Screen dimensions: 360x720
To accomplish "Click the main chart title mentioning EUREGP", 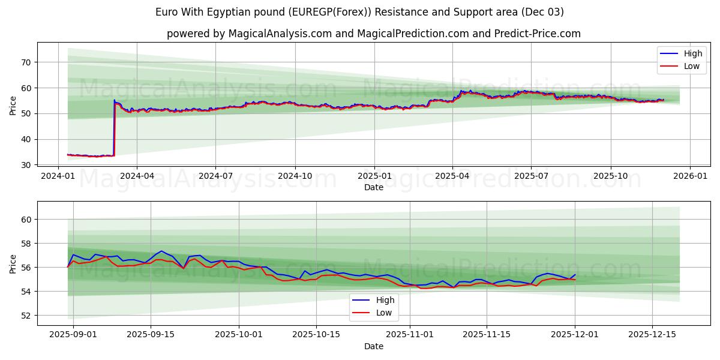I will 359,12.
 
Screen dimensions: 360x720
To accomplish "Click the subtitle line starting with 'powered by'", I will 373,34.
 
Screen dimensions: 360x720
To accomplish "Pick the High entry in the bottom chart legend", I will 384,300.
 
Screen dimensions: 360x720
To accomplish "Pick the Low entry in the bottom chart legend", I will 383,313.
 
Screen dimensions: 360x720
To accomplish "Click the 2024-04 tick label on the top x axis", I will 137,176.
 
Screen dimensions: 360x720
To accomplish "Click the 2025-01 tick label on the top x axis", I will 374,176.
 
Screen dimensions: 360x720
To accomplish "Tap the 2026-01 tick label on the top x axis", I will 690,176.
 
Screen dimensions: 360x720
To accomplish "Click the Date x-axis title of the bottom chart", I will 373,346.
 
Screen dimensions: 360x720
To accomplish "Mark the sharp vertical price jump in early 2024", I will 114,129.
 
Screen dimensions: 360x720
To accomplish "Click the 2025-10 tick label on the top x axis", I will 611,176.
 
